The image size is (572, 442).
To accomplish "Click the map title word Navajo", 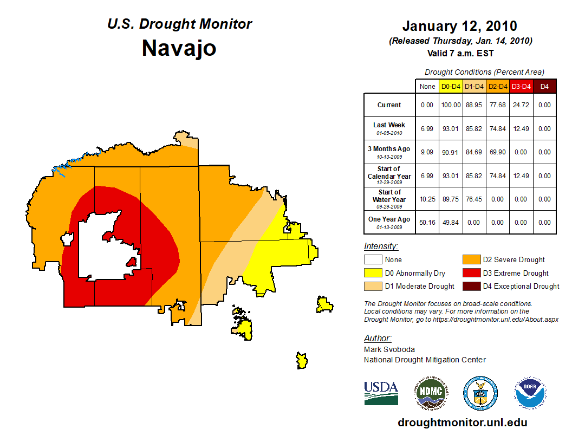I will click(179, 48).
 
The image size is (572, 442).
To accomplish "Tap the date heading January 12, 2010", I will click(459, 26).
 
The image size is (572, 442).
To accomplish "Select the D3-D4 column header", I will click(521, 86).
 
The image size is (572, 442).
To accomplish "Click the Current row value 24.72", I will click(521, 105).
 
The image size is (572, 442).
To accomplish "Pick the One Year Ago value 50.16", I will click(427, 222).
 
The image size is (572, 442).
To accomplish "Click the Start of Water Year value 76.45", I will click(474, 199).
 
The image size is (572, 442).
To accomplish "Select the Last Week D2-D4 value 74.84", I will click(498, 128).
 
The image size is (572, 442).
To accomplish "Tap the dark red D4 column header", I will click(544, 86).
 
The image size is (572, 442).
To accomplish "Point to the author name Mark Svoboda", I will click(389, 349).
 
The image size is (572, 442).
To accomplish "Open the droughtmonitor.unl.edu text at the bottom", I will click(462, 422).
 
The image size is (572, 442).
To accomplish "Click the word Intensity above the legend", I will click(381, 246).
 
